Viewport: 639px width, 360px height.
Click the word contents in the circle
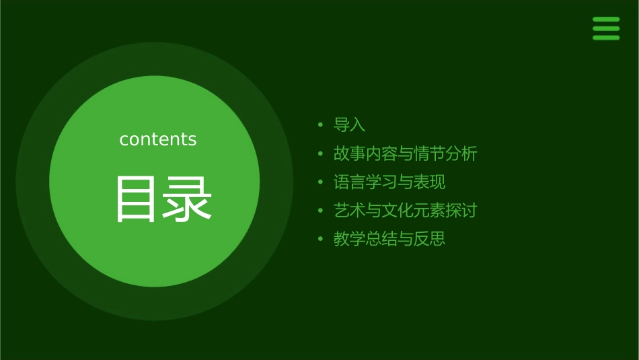pos(158,139)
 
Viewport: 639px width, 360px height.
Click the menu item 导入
pos(349,125)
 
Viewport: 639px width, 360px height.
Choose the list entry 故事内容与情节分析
pos(405,153)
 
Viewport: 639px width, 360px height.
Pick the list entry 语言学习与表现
pos(389,182)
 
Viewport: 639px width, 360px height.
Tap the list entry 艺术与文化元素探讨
pos(405,210)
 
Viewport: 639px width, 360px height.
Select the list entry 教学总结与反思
pos(389,238)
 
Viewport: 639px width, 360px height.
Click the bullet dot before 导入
pos(321,125)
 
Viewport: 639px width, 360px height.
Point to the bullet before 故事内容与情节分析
pos(321,153)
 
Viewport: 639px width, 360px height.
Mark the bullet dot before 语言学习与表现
pos(321,182)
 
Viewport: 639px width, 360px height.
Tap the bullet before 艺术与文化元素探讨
pos(321,210)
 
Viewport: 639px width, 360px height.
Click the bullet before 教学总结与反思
pos(321,238)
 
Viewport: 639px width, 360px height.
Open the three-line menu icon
pos(606,28)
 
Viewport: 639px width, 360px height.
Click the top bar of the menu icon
pos(606,20)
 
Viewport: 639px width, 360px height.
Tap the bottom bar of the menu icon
pos(606,38)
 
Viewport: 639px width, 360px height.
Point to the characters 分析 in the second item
pos(461,153)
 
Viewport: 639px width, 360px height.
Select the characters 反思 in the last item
pos(430,238)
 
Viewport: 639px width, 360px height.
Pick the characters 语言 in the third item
pos(350,182)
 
